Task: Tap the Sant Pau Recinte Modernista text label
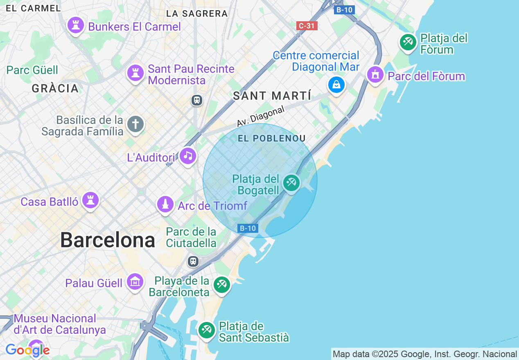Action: pyautogui.click(x=191, y=74)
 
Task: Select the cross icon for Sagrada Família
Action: pyautogui.click(x=135, y=124)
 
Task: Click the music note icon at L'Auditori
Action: pyautogui.click(x=188, y=156)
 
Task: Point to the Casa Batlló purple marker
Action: pyautogui.click(x=90, y=201)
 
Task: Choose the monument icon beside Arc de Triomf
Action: pyautogui.click(x=165, y=205)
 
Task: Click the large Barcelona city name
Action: pyautogui.click(x=108, y=240)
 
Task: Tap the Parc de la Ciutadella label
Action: pyautogui.click(x=191, y=237)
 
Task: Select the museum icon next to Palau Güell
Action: pyautogui.click(x=135, y=282)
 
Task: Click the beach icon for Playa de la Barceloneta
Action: pyautogui.click(x=222, y=283)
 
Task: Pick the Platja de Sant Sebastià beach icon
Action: pyautogui.click(x=207, y=330)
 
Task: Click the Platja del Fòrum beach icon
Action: pyautogui.click(x=408, y=42)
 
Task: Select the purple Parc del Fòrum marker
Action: pyautogui.click(x=375, y=75)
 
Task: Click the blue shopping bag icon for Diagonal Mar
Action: pyautogui.click(x=336, y=85)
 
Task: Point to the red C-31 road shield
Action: pyautogui.click(x=307, y=26)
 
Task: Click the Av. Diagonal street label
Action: pyautogui.click(x=260, y=116)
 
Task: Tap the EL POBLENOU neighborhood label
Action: pyautogui.click(x=272, y=138)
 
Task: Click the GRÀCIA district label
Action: pyautogui.click(x=55, y=88)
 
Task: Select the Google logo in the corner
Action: pyautogui.click(x=27, y=350)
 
